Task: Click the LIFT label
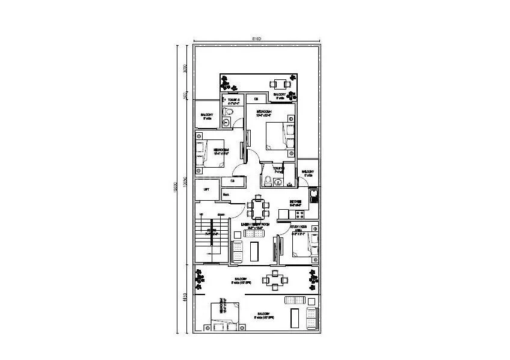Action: pyautogui.click(x=207, y=189)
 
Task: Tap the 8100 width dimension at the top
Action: pyautogui.click(x=256, y=39)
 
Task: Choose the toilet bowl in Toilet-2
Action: pyautogui.click(x=229, y=112)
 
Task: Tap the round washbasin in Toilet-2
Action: pyautogui.click(x=226, y=123)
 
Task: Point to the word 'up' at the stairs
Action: pyautogui.click(x=201, y=213)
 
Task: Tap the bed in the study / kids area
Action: pyautogui.click(x=303, y=245)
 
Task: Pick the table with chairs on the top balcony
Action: pyautogui.click(x=278, y=84)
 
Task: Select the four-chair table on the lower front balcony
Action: pyautogui.click(x=275, y=279)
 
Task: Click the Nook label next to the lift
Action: pyautogui.click(x=227, y=194)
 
